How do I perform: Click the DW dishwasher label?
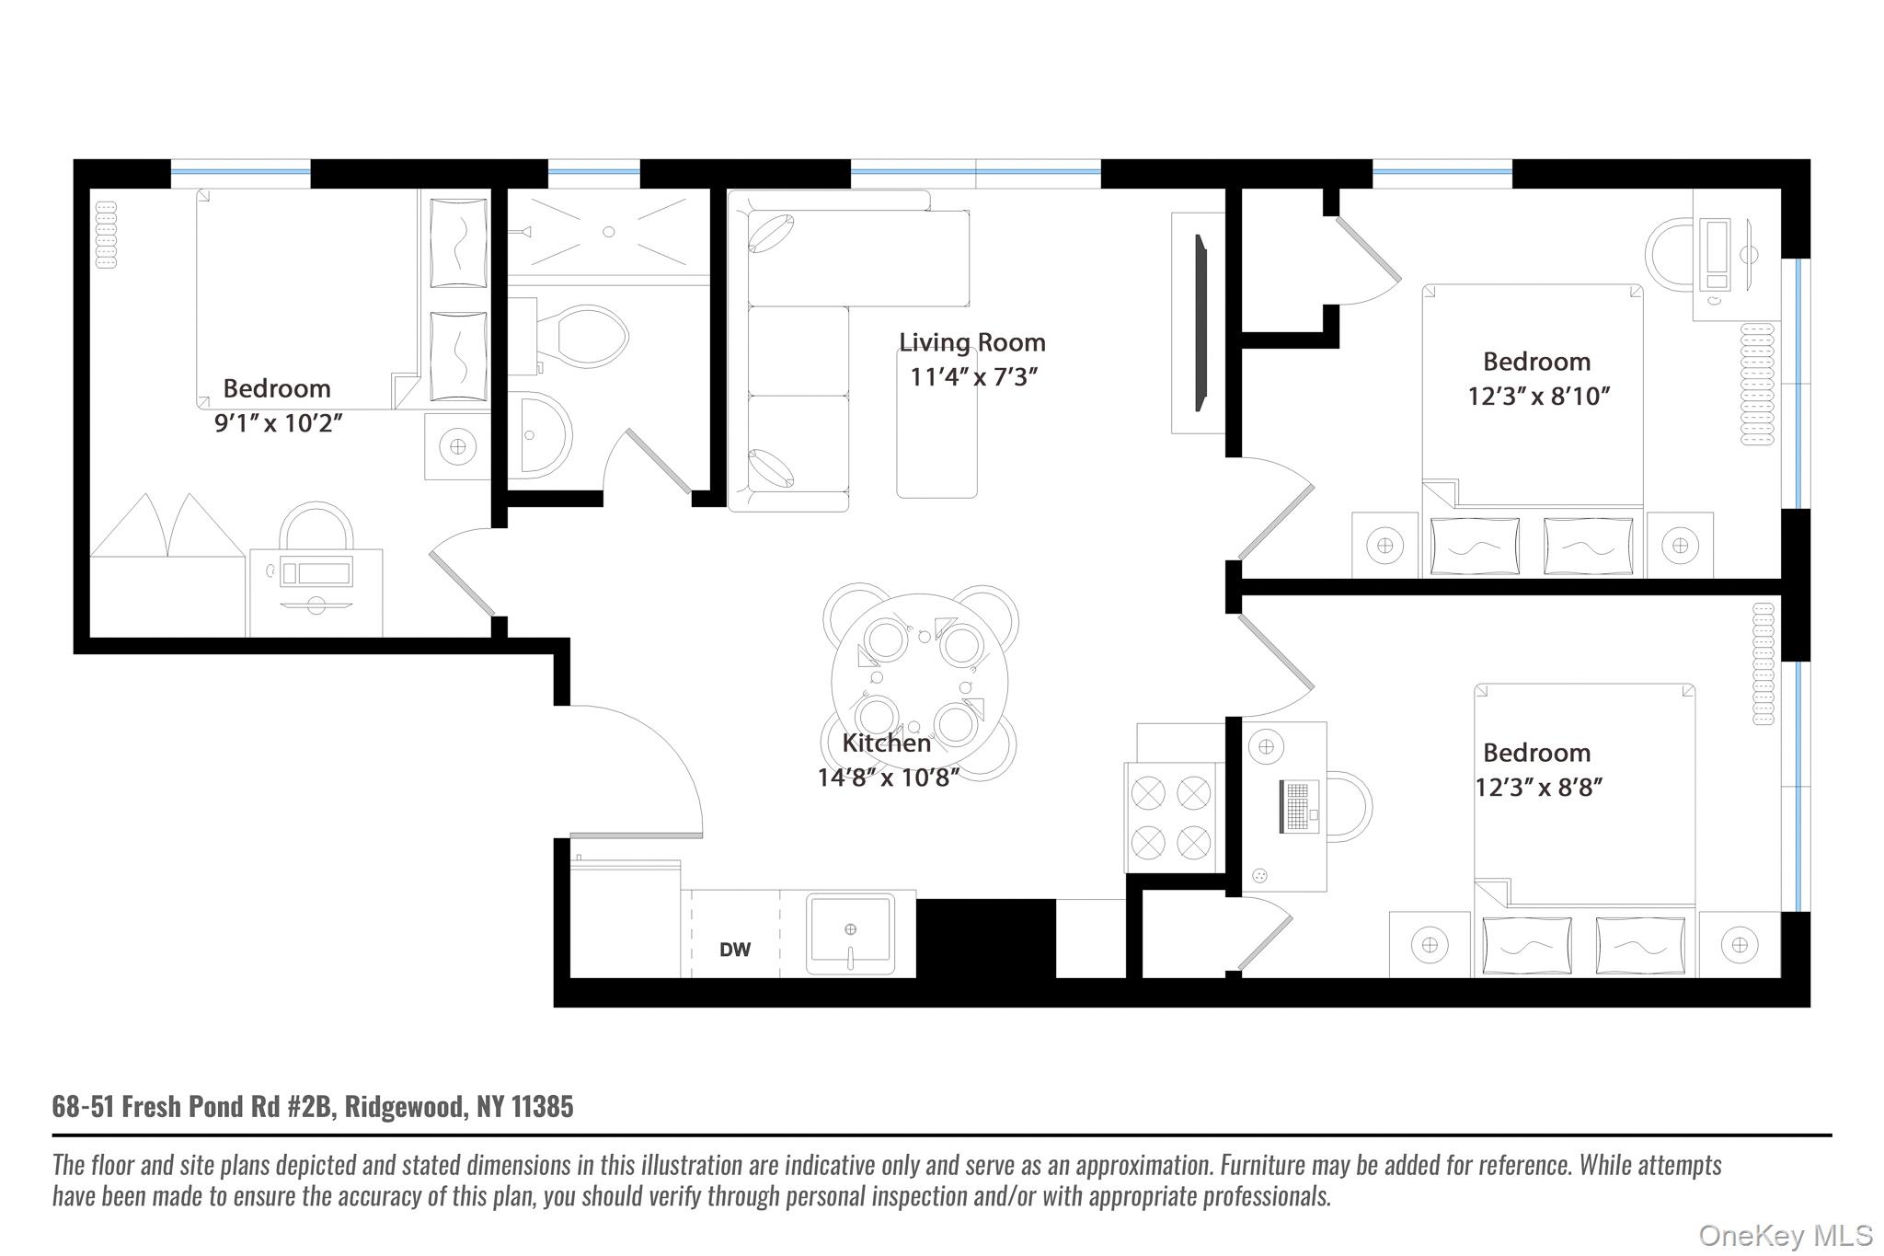click(x=734, y=950)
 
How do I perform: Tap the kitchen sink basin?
click(x=850, y=932)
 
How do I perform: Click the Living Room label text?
click(x=971, y=342)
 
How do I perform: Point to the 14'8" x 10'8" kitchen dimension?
click(x=888, y=778)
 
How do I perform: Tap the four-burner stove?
click(x=1171, y=817)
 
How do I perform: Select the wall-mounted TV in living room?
click(x=1200, y=322)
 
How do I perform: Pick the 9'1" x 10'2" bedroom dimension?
click(x=278, y=423)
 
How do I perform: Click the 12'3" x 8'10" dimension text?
click(x=1538, y=397)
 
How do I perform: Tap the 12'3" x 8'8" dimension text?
click(x=1538, y=788)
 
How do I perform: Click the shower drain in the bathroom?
click(x=608, y=232)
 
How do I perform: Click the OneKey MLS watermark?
click(x=1785, y=1235)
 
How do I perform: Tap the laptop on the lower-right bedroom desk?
click(x=1299, y=807)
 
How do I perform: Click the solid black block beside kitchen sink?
click(x=985, y=939)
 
